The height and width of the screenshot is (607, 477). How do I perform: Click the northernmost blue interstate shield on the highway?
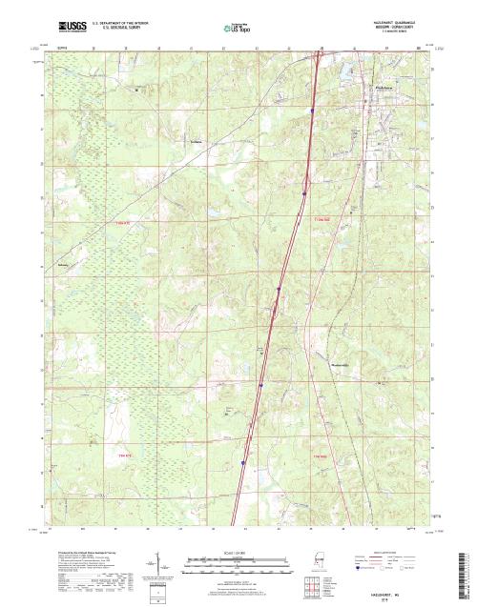click(312, 111)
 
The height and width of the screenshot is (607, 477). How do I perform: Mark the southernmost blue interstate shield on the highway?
click(243, 464)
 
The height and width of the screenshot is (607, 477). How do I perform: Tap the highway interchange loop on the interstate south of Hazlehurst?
click(276, 306)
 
